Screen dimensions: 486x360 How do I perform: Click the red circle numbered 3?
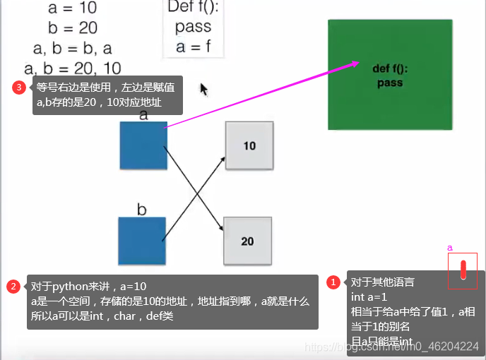point(19,88)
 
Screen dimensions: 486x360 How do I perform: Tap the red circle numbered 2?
point(13,287)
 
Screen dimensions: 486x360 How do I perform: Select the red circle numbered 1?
point(333,282)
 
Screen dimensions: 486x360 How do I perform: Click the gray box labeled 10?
point(249,146)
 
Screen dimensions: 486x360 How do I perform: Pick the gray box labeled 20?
point(247,241)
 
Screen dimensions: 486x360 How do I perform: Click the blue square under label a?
point(143,146)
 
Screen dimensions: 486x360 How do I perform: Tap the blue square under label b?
point(142,241)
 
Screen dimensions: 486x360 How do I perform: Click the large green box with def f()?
point(390,75)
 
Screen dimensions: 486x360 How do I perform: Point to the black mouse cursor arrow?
point(203,89)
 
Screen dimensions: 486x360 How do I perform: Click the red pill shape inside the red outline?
point(463,270)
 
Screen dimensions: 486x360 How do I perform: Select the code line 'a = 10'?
point(72,8)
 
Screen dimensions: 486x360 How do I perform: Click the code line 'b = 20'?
point(73,28)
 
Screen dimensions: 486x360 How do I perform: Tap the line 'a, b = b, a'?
point(72,49)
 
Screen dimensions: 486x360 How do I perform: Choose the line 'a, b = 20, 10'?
point(72,68)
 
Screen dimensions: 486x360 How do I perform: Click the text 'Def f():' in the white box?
point(193,9)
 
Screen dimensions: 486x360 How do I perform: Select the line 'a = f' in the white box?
point(193,47)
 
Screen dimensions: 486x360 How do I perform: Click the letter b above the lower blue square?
point(141,210)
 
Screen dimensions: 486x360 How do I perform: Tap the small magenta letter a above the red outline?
point(450,248)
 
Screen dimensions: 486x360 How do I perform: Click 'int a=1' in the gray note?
point(369,297)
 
